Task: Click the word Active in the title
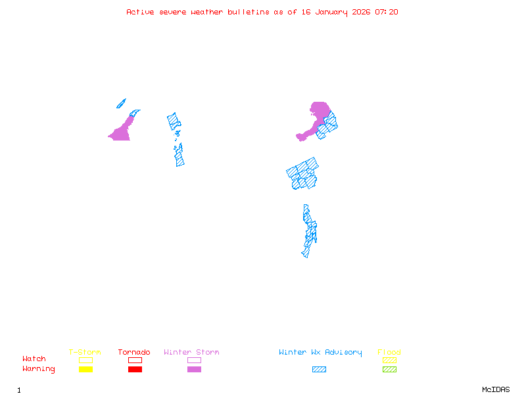tap(140, 12)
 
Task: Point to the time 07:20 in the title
tap(387, 12)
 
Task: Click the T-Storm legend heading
tap(85, 352)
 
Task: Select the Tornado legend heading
tap(134, 352)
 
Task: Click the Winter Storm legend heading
tap(191, 352)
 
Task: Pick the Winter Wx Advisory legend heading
tap(320, 352)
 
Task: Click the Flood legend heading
tap(389, 352)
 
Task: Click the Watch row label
tap(34, 359)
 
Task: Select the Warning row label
tap(39, 369)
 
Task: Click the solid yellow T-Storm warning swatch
tap(85, 369)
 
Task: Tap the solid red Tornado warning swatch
tap(135, 369)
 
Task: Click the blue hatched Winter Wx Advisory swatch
tap(319, 369)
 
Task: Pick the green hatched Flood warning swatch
tap(389, 369)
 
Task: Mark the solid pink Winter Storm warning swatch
tap(194, 369)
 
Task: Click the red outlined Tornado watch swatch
tap(135, 360)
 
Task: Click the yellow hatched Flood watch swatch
tap(389, 360)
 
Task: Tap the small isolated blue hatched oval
tap(121, 103)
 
